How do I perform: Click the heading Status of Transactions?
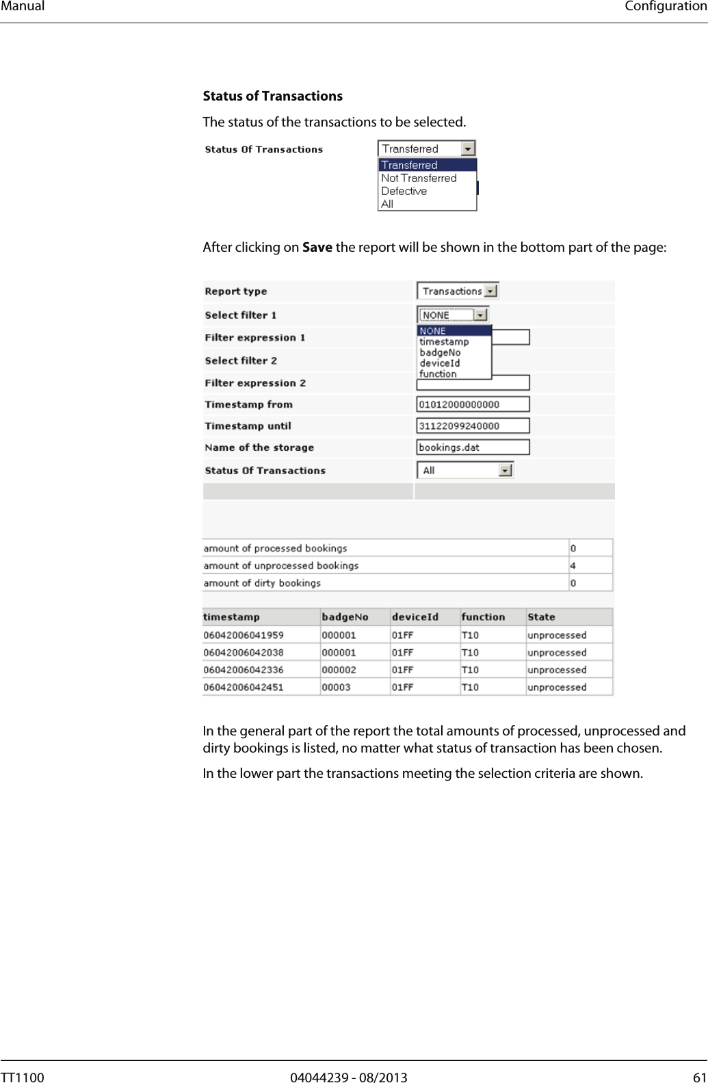(x=272, y=96)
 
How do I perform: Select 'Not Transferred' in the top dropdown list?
(x=419, y=178)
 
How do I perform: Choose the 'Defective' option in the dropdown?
(x=404, y=191)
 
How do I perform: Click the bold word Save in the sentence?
(x=317, y=247)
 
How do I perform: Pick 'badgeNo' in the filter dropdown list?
(x=440, y=352)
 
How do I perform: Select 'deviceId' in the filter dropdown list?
(x=439, y=363)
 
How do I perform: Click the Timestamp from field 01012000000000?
(x=473, y=404)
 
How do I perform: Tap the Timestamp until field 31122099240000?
(x=473, y=426)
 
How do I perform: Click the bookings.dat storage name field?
(x=473, y=447)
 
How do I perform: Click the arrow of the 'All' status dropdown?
(x=505, y=471)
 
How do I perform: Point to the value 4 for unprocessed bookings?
(x=573, y=566)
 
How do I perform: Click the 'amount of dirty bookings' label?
(x=262, y=583)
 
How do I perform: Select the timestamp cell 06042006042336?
(x=244, y=670)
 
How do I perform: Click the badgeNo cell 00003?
(x=336, y=687)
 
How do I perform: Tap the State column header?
(x=541, y=617)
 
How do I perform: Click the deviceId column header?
(x=415, y=617)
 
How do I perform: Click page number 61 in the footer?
(x=699, y=1078)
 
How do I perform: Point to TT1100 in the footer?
(x=22, y=1078)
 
